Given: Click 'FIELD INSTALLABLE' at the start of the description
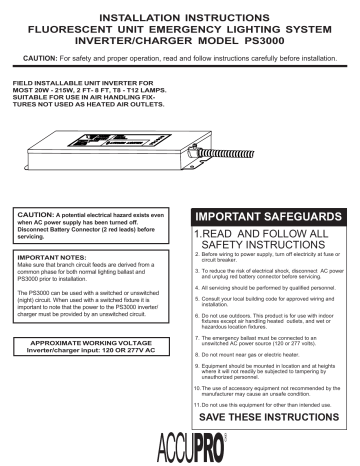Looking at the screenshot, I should (37, 82).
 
